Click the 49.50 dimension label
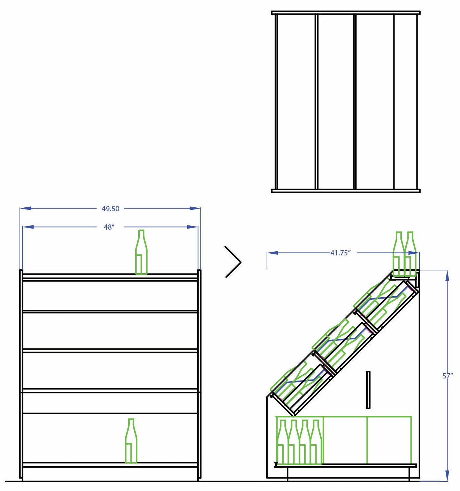110,209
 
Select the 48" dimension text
109,227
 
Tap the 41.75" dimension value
340,253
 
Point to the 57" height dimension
447,376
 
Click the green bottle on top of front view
141,252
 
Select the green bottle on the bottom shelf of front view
131,441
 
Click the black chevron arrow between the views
233,262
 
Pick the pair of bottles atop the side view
405,254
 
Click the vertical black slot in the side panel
368,390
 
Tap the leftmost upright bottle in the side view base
282,442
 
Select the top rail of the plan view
346,13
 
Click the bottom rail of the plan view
346,191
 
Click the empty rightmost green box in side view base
390,440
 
